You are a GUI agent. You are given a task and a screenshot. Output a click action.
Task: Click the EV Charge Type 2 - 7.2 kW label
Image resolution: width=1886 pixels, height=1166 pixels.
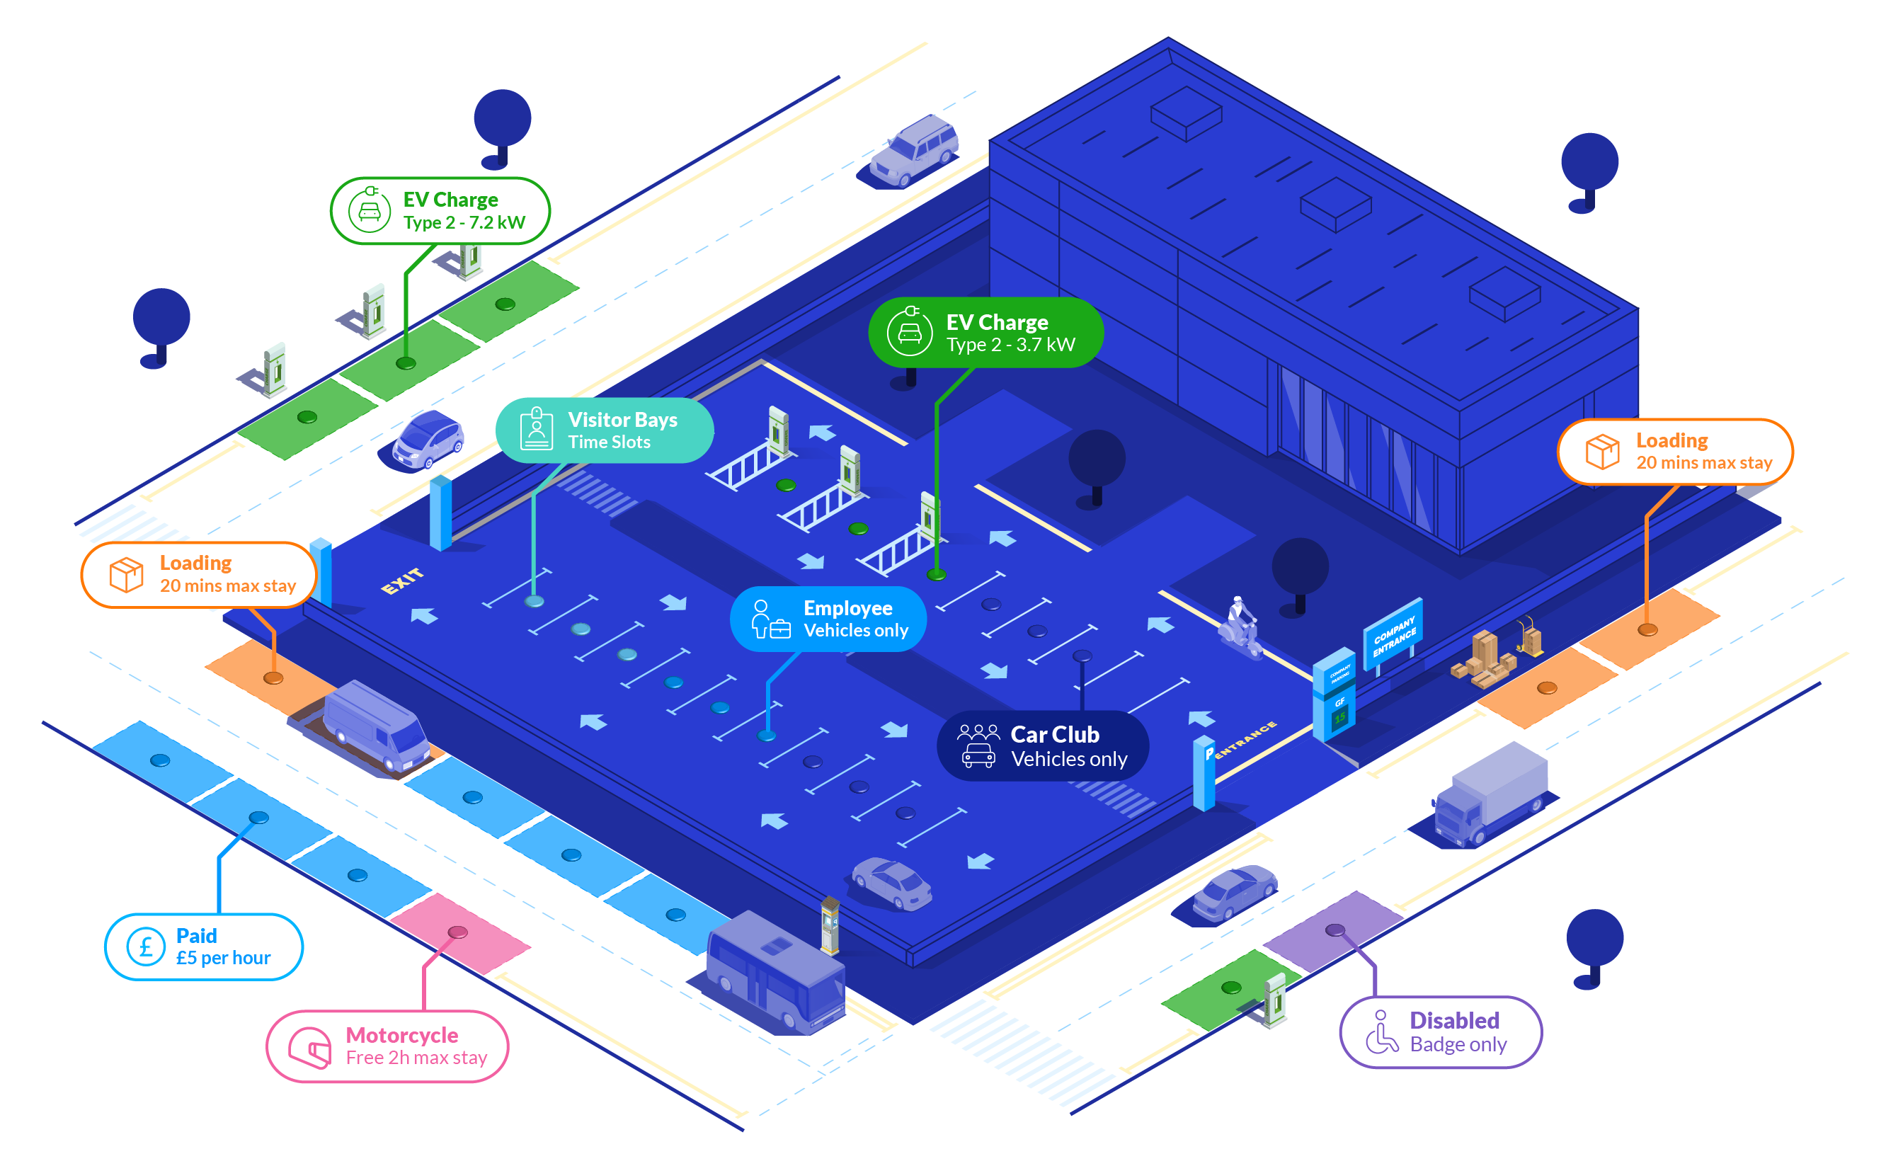pos(440,210)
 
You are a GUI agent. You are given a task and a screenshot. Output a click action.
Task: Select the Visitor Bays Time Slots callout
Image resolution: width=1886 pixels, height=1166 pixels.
pos(605,430)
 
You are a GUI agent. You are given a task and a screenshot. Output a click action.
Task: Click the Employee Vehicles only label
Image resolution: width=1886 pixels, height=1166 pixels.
pos(828,619)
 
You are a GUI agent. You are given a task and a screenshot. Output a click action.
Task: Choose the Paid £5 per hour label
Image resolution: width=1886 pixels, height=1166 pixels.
pos(204,947)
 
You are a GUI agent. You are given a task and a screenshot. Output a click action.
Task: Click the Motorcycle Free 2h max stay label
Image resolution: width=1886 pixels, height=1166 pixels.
pos(387,1046)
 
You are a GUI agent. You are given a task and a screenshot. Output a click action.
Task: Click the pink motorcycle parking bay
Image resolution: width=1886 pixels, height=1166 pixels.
pos(459,934)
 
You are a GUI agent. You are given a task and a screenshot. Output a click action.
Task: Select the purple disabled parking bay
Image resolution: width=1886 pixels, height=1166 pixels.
pos(1335,929)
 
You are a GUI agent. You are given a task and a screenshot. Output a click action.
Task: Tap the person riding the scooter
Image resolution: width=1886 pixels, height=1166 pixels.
pos(1240,626)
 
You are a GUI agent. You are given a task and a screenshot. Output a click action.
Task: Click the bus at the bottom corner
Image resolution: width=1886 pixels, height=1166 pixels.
pos(775,973)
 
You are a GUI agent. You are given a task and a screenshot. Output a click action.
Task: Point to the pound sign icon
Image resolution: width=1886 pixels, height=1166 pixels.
pos(146,947)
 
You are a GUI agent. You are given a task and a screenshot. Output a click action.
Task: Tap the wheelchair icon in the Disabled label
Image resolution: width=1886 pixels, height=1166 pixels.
pos(1381,1033)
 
